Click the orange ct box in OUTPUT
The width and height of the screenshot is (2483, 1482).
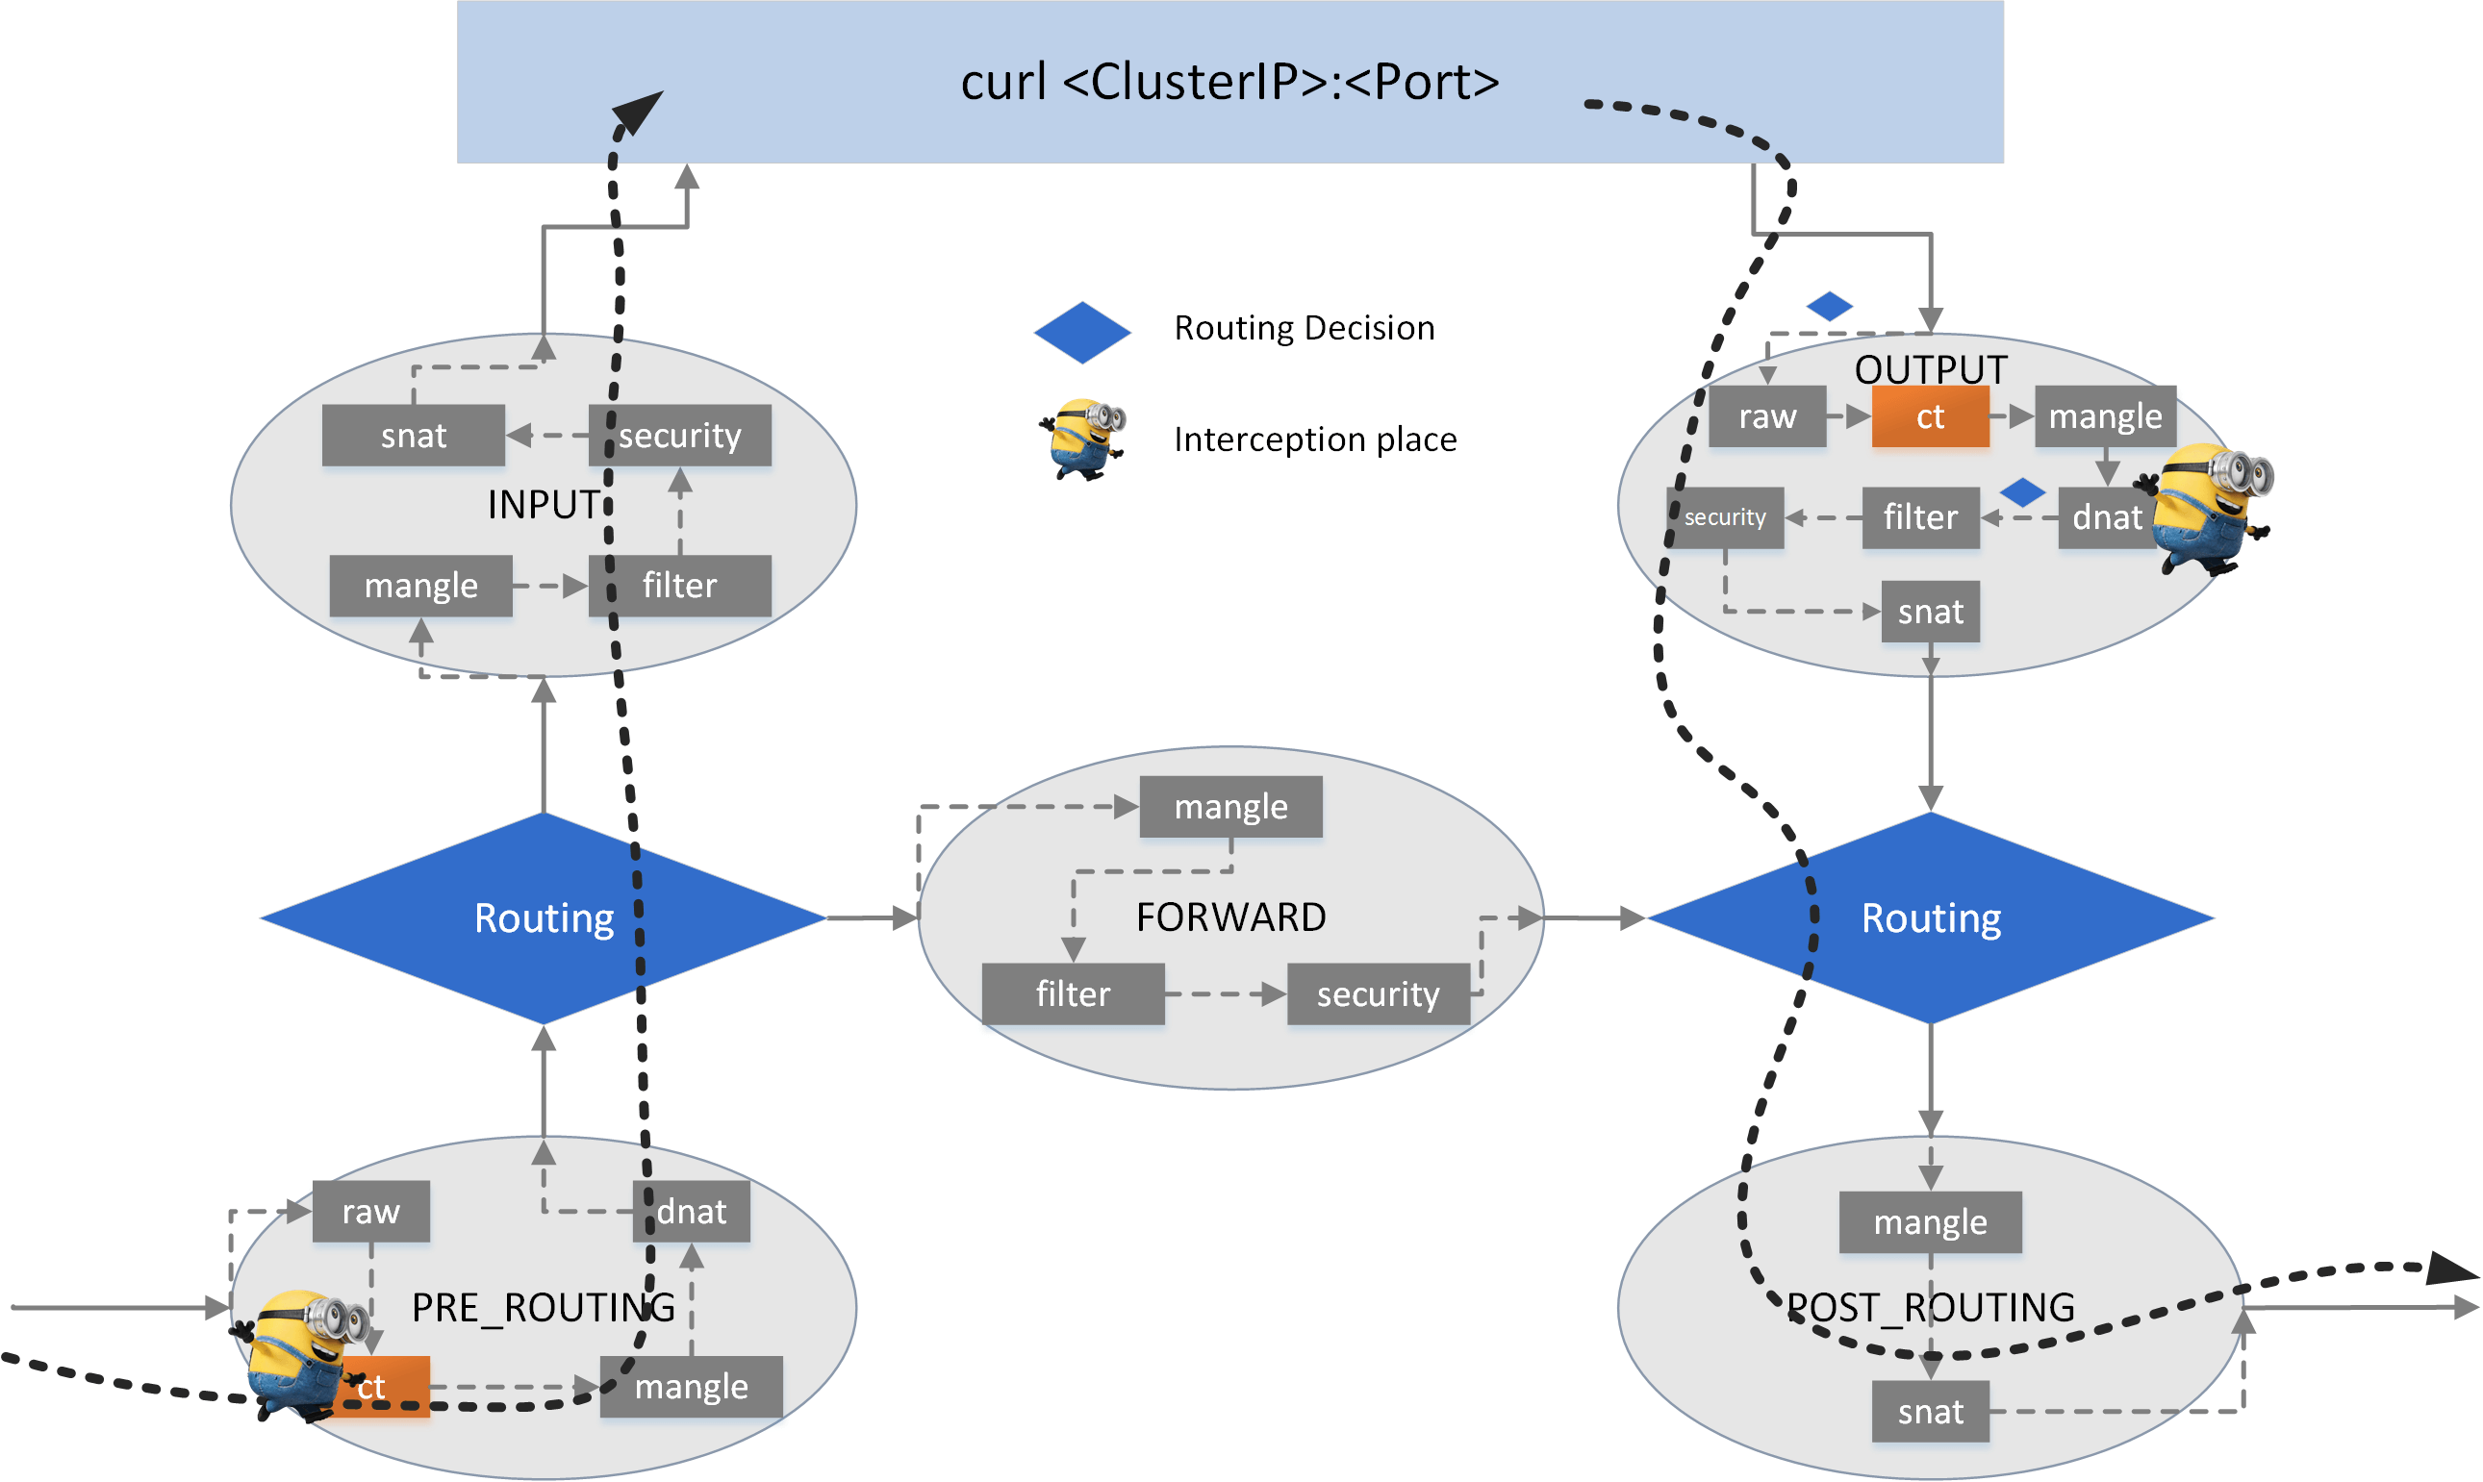click(1930, 416)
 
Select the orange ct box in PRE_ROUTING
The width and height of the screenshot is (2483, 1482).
click(385, 1386)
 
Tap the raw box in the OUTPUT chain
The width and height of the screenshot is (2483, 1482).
click(1767, 416)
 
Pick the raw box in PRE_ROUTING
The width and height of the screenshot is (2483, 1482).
click(370, 1212)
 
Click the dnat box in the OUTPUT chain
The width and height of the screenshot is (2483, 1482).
click(2106, 517)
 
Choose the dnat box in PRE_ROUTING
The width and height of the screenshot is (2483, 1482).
click(691, 1212)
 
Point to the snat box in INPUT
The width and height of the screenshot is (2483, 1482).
click(413, 436)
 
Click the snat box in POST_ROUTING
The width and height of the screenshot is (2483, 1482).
click(1930, 1412)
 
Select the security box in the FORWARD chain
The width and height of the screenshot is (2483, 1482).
click(1378, 993)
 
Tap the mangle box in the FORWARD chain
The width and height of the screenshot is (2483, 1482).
click(1230, 806)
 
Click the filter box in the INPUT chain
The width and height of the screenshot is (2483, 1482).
click(679, 586)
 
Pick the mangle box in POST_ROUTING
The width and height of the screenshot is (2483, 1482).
click(1930, 1221)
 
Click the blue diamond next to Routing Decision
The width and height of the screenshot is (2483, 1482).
click(1081, 333)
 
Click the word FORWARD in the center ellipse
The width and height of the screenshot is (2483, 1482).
click(1230, 917)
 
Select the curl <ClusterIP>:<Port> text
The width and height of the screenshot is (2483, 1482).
click(1229, 82)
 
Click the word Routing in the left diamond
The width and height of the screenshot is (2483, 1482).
click(544, 917)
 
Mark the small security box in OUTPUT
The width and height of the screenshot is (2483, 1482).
click(1725, 517)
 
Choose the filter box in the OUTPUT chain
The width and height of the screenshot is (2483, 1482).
click(1919, 517)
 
